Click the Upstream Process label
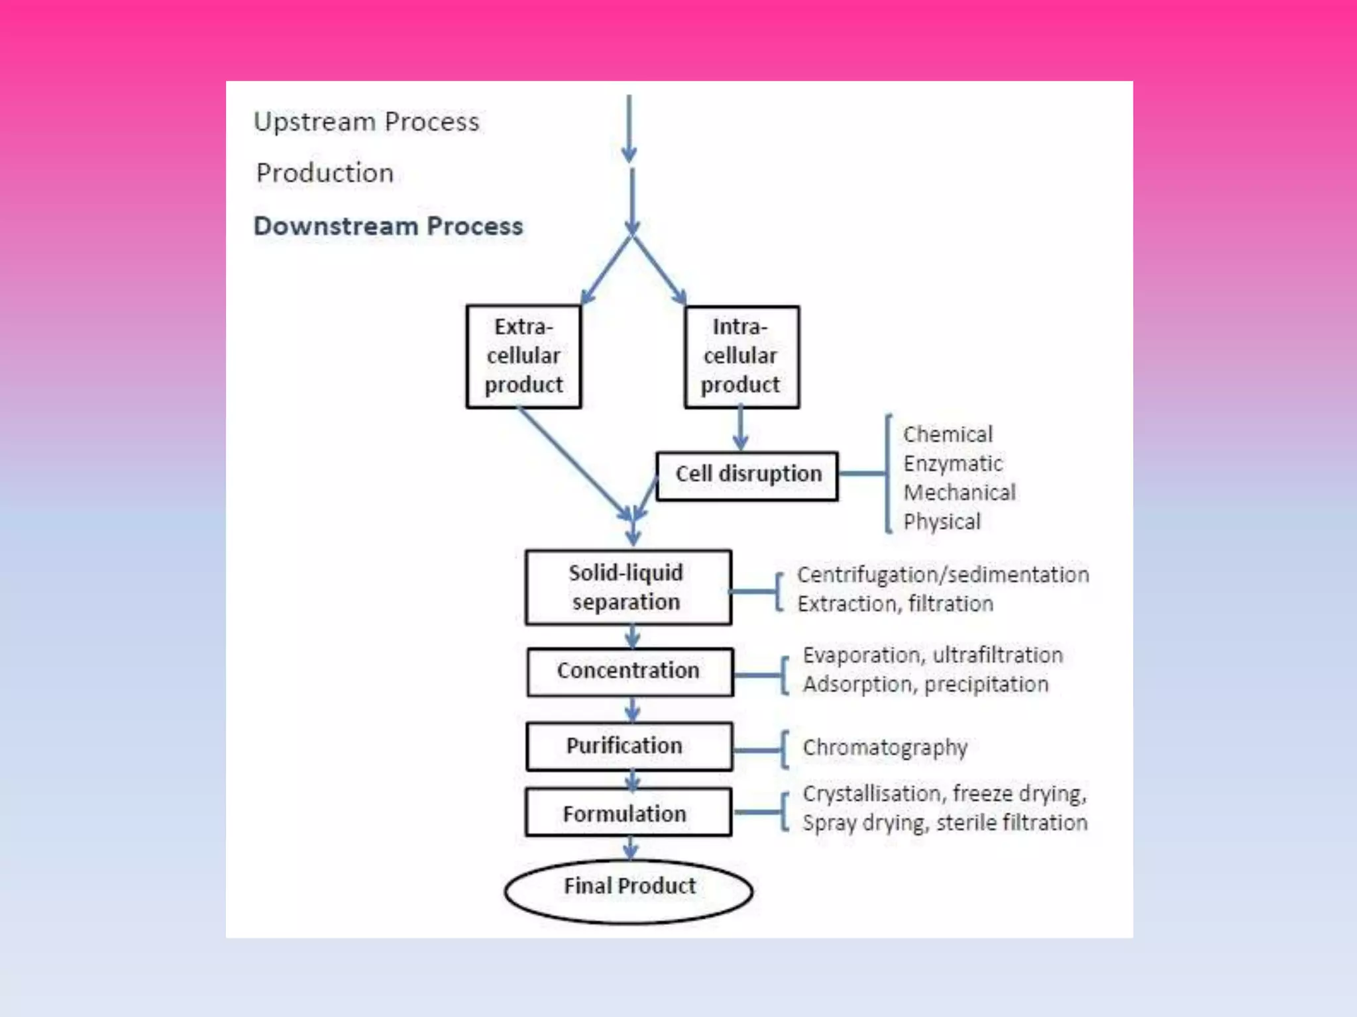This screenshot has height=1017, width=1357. click(x=366, y=122)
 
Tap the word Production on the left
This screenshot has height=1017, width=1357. click(x=325, y=173)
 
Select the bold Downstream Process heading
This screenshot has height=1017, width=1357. click(x=388, y=226)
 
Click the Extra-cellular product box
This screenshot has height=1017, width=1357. click(x=523, y=356)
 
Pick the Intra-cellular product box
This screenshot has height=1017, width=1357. click(x=741, y=356)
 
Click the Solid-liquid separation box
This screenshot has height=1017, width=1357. click(x=627, y=587)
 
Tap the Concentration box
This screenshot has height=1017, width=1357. click(x=629, y=671)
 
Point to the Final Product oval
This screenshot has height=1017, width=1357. click(x=629, y=890)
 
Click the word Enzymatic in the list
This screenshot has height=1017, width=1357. click(x=952, y=463)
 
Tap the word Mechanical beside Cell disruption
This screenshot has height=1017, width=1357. click(x=959, y=493)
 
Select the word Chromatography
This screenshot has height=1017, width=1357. click(x=885, y=748)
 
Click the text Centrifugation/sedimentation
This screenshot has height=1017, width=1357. click(x=942, y=575)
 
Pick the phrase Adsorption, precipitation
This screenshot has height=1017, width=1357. click(x=925, y=684)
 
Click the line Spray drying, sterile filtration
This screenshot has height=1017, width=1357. click(x=944, y=823)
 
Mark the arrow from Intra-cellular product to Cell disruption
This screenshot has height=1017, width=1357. click(x=741, y=429)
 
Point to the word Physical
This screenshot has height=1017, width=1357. click(x=942, y=522)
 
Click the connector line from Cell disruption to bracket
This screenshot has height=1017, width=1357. click(x=861, y=473)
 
